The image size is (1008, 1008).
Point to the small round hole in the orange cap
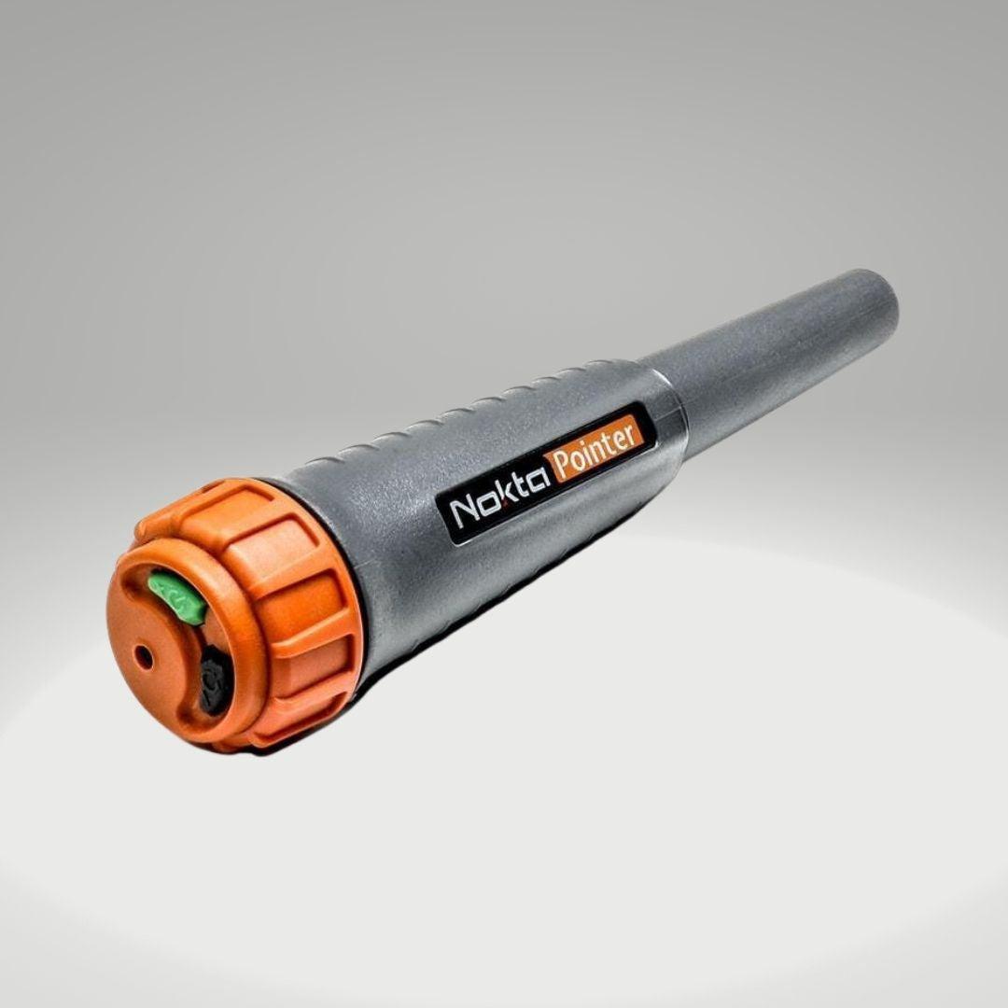click(x=143, y=657)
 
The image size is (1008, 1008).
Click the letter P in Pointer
click(x=563, y=465)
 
